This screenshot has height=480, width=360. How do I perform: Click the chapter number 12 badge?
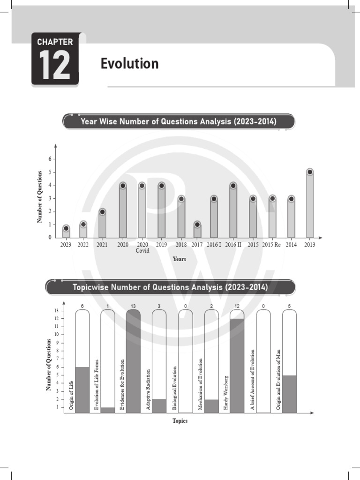55,60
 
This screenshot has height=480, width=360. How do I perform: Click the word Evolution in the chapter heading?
129,63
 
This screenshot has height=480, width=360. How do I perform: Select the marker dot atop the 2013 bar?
309,172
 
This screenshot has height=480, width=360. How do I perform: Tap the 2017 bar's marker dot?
197,225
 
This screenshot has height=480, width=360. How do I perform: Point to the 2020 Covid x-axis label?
142,247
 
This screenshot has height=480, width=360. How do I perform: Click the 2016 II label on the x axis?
233,245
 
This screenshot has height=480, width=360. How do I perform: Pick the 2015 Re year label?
272,245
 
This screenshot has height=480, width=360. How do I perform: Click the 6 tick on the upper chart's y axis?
50,159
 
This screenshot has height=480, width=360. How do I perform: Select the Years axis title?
179,259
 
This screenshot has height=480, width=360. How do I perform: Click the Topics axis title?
180,421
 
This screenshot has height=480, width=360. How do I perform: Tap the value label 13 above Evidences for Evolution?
133,306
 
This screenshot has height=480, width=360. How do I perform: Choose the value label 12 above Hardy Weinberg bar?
237,306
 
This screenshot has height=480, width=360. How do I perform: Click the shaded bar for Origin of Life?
82,390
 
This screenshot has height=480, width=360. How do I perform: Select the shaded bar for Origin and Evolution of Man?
289,394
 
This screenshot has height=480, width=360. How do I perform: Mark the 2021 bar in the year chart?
102,225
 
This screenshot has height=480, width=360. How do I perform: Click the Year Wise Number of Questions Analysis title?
179,122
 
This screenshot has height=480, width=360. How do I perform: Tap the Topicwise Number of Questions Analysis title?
171,287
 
